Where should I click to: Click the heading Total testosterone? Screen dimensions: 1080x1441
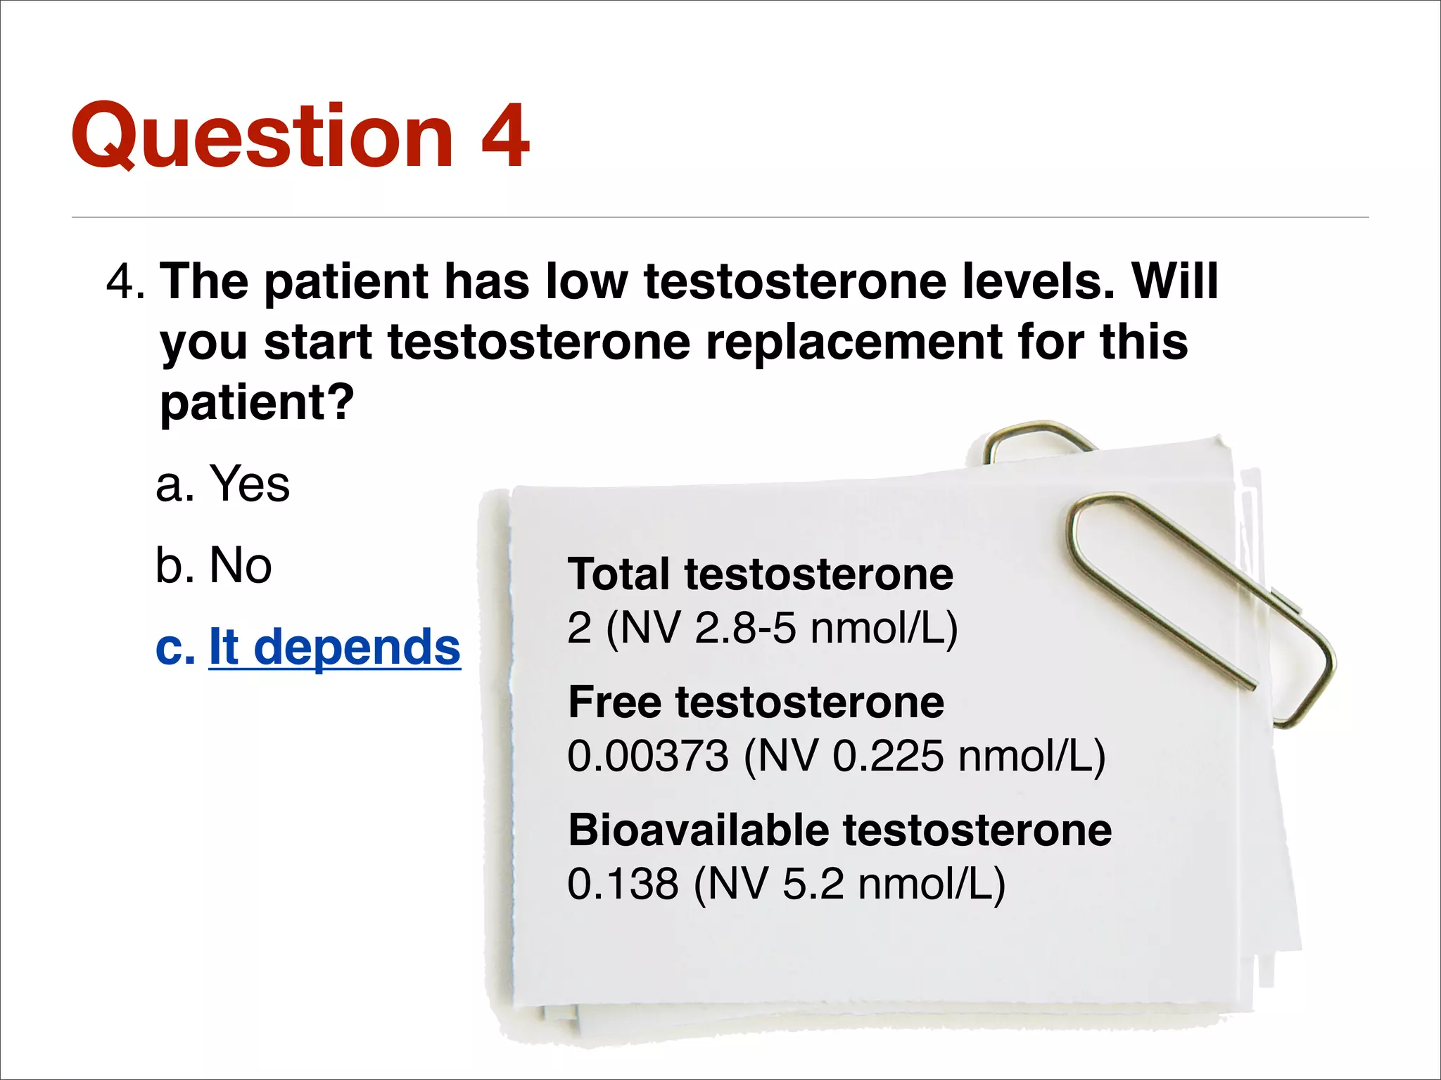(x=760, y=574)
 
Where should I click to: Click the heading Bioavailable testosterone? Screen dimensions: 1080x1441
(x=839, y=830)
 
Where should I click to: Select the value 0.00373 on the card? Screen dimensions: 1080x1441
(x=647, y=756)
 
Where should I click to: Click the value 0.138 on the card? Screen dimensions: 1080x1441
(x=623, y=884)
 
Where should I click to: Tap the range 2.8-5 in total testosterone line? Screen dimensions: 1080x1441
(x=744, y=628)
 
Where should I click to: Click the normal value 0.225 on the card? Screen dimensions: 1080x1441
(x=887, y=756)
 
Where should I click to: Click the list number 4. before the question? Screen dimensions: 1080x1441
(x=125, y=281)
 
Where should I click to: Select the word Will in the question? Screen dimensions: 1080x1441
(x=1174, y=281)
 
